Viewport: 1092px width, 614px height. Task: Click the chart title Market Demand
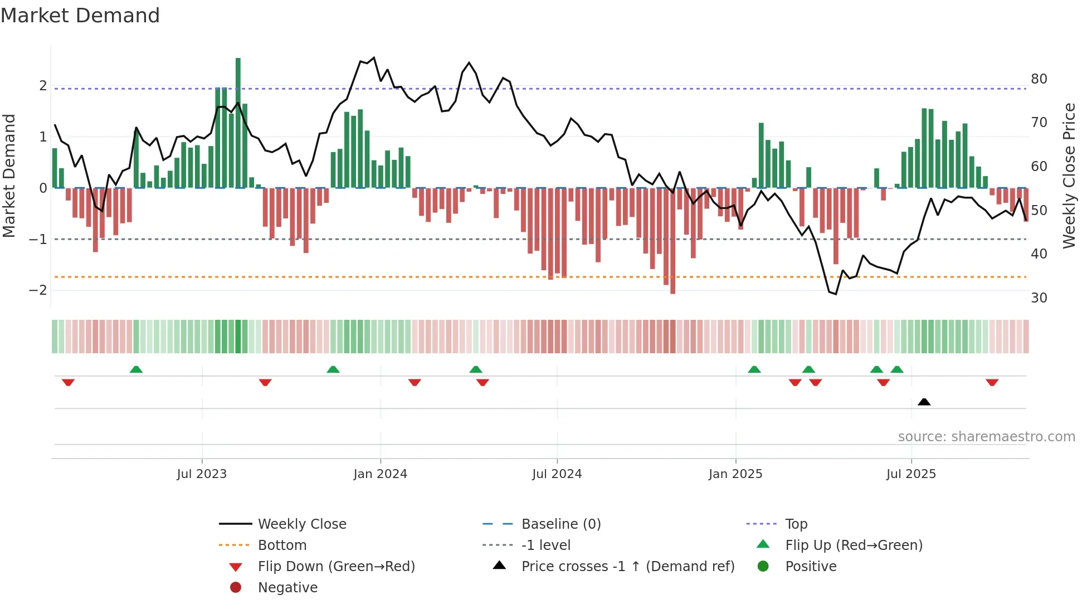(x=80, y=16)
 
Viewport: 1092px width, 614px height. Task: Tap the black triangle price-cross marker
(x=924, y=402)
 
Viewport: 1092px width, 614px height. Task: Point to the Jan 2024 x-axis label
(x=380, y=474)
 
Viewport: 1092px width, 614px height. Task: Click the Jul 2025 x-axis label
(x=911, y=474)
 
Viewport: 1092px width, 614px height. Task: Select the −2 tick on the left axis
(x=38, y=290)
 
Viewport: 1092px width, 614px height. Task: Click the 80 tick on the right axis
(x=1039, y=79)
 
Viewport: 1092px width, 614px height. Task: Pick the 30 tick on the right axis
(x=1039, y=298)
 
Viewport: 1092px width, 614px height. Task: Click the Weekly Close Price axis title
(x=1069, y=176)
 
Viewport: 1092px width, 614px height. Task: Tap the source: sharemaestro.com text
(x=986, y=437)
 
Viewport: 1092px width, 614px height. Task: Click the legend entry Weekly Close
(x=301, y=524)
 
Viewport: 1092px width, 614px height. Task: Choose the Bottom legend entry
(x=282, y=545)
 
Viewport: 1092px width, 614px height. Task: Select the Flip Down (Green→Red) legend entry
(x=336, y=566)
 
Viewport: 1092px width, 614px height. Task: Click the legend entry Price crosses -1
(x=627, y=566)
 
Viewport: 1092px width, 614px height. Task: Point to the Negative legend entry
(x=287, y=587)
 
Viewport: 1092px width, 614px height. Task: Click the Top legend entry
(x=796, y=524)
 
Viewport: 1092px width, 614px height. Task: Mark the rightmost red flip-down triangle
(x=992, y=382)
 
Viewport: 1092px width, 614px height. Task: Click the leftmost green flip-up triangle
(x=136, y=369)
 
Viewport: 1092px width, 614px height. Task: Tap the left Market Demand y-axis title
(x=9, y=176)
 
